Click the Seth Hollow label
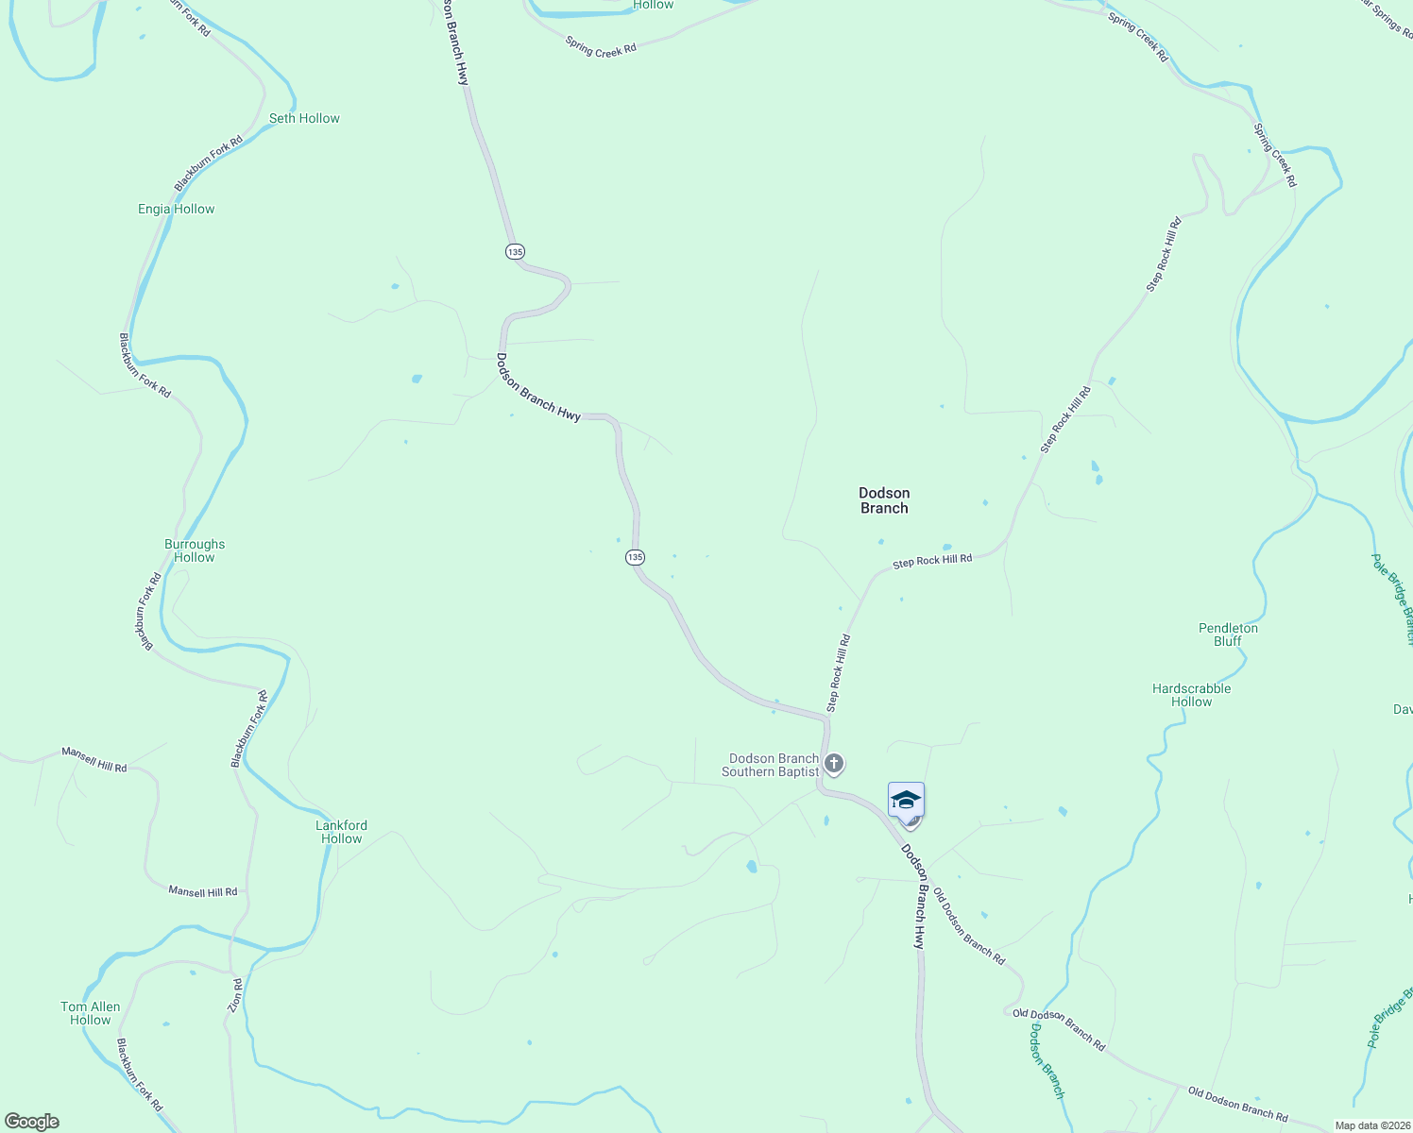(304, 118)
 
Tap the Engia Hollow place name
(177, 209)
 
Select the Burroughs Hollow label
(195, 550)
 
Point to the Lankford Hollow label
(341, 832)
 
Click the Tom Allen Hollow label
(91, 1013)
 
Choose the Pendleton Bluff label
(1228, 634)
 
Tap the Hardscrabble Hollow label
(1191, 695)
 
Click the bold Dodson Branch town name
(884, 500)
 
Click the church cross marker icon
(833, 763)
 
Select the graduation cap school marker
(906, 800)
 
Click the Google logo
(32, 1122)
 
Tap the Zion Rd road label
(236, 996)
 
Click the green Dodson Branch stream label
(1047, 1060)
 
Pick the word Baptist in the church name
(799, 771)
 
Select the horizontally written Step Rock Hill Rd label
(932, 561)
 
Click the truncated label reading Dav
(1403, 709)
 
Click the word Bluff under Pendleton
(1228, 641)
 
